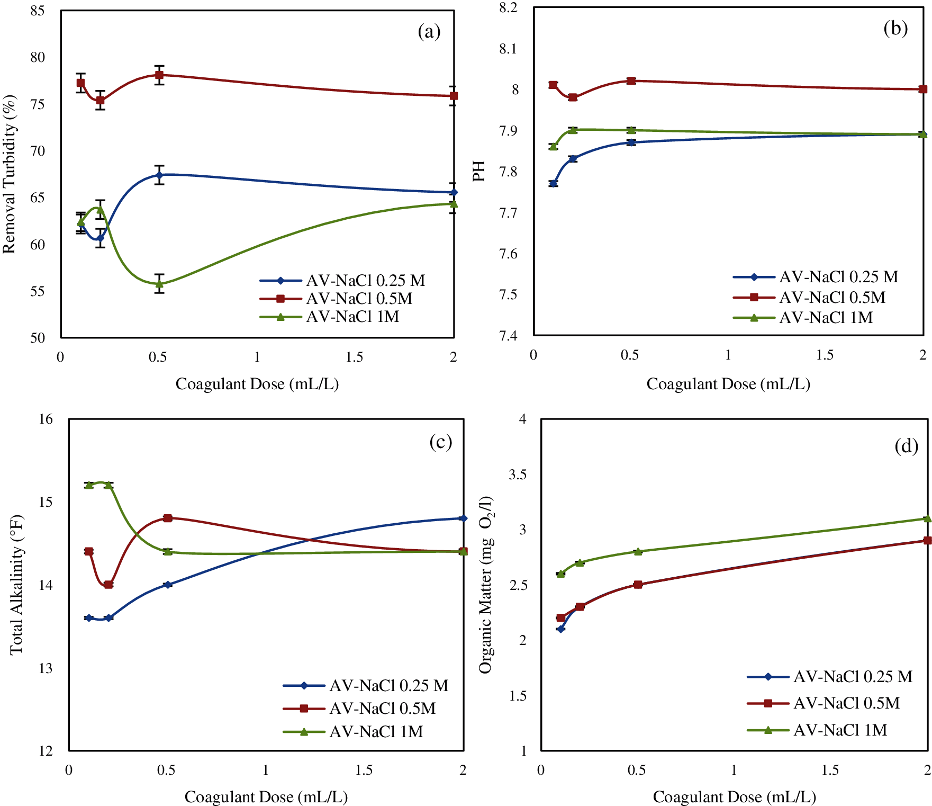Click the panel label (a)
tap(429, 32)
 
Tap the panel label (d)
tap(906, 446)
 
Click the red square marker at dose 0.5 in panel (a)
tap(159, 75)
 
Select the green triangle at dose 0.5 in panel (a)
tap(159, 283)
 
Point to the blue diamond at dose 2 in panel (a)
tap(454, 192)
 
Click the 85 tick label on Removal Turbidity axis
tap(38, 11)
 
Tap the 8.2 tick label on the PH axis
tap(508, 7)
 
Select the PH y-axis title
tap(479, 171)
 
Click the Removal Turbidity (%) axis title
tap(10, 174)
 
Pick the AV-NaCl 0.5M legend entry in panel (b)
tap(832, 297)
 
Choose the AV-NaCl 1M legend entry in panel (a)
tap(352, 317)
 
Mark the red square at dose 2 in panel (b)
tap(923, 89)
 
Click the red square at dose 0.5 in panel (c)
tap(168, 518)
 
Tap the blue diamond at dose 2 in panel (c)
tap(463, 518)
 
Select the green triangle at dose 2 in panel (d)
tap(927, 518)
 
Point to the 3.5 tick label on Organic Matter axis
tap(518, 474)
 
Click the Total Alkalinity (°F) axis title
tap(16, 585)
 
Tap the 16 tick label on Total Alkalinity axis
tap(46, 419)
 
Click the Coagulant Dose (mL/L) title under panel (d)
tap(734, 796)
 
